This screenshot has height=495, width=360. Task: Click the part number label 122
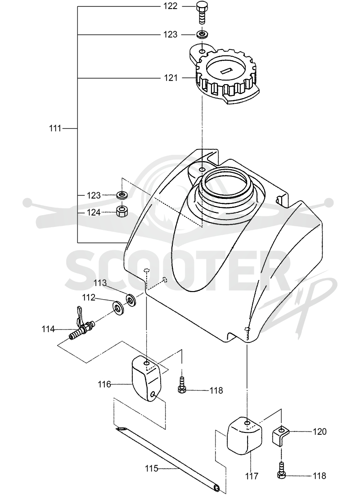pyautogui.click(x=171, y=6)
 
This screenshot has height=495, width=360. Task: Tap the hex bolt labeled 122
pyautogui.click(x=201, y=12)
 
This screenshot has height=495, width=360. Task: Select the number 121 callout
pyautogui.click(x=171, y=78)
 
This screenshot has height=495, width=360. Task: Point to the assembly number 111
pyautogui.click(x=55, y=129)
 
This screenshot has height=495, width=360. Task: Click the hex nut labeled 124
pyautogui.click(x=121, y=211)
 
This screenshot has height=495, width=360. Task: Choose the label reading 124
pyautogui.click(x=94, y=212)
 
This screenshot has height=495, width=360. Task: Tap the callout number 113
pyautogui.click(x=100, y=283)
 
